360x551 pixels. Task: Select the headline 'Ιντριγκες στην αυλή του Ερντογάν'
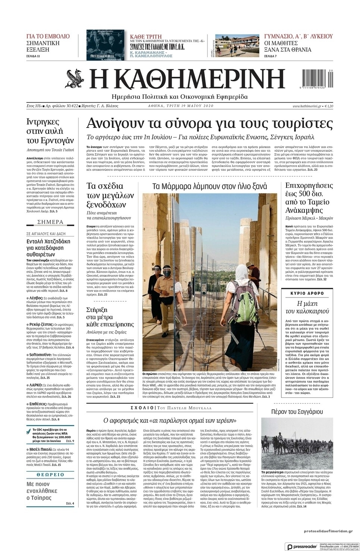pyautogui.click(x=50, y=131)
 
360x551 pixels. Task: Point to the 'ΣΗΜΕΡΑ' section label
pyautogui.click(x=50, y=222)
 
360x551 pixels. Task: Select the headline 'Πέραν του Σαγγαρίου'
pyautogui.click(x=297, y=412)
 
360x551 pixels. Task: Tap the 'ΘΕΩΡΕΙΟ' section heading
pyautogui.click(x=50, y=475)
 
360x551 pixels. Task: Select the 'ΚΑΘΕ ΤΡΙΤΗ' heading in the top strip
pyautogui.click(x=146, y=37)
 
